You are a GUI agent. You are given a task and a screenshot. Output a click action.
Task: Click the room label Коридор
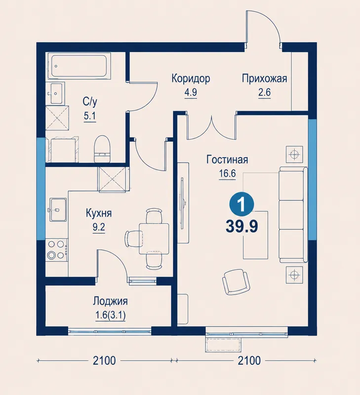pyautogui.click(x=191, y=79)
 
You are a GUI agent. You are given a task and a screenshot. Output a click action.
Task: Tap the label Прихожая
pyautogui.click(x=264, y=79)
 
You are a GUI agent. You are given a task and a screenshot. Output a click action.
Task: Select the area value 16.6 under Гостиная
pyautogui.click(x=227, y=174)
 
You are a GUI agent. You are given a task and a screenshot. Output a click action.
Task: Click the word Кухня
pyautogui.click(x=99, y=213)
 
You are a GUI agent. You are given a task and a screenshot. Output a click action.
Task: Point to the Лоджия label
pyautogui.click(x=110, y=301)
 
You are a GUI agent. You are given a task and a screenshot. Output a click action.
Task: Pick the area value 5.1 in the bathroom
pyautogui.click(x=90, y=116)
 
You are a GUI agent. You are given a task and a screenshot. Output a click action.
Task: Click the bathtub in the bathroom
pyautogui.click(x=79, y=66)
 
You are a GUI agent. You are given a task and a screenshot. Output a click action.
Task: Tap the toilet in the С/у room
pyautogui.click(x=102, y=149)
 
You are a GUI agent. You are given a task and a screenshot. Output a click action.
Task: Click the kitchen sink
pyautogui.click(x=58, y=209)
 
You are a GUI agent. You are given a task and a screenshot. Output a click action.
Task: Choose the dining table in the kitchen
pyautogui.click(x=154, y=238)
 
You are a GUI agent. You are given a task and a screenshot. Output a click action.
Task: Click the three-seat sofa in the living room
pyautogui.click(x=293, y=214)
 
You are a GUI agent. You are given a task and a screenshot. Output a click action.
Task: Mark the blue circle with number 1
pyautogui.click(x=242, y=204)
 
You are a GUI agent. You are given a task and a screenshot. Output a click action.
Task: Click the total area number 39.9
pyautogui.click(x=242, y=226)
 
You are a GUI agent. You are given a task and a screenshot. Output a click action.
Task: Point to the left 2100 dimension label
pyautogui.click(x=104, y=361)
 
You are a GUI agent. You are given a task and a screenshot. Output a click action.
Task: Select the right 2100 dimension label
pyautogui.click(x=249, y=361)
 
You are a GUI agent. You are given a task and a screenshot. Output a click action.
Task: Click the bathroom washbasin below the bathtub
pyautogui.click(x=56, y=93)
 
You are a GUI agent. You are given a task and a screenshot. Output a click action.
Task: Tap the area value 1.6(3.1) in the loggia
pyautogui.click(x=110, y=315)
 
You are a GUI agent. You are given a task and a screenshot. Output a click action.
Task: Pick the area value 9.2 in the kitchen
pyautogui.click(x=99, y=227)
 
